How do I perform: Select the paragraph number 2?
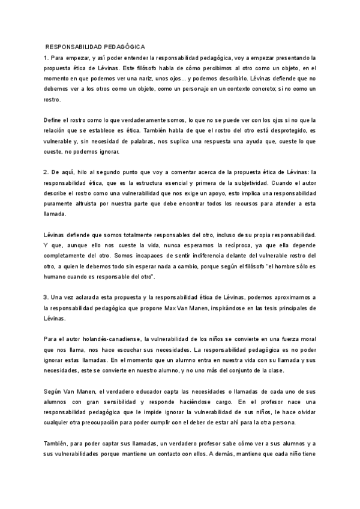46,172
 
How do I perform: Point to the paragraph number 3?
46,298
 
